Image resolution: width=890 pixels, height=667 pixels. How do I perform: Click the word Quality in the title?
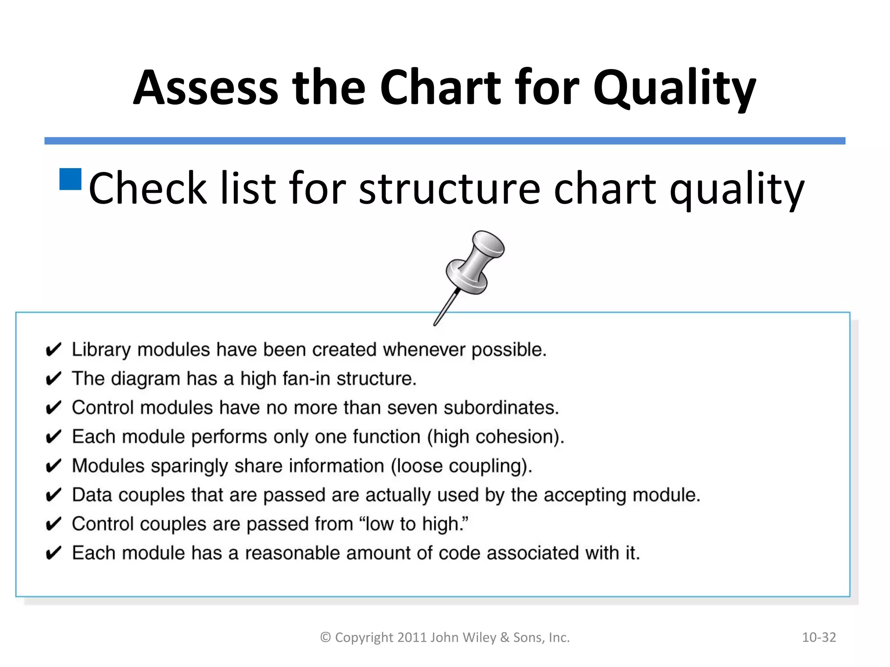(x=674, y=89)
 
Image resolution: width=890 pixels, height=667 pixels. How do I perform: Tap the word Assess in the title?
(x=205, y=89)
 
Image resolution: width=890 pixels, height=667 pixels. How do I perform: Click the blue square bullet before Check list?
(x=70, y=179)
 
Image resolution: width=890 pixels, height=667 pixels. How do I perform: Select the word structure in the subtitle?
(x=450, y=189)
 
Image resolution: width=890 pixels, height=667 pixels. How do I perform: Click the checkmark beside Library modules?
(x=53, y=350)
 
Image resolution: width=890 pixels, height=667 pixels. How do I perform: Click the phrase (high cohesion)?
(x=495, y=437)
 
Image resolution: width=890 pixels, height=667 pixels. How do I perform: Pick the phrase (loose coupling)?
(x=462, y=466)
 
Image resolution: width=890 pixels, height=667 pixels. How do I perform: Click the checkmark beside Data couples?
(x=53, y=495)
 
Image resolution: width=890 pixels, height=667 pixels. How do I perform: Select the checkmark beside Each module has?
(x=53, y=554)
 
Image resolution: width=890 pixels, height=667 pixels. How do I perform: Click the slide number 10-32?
(x=819, y=637)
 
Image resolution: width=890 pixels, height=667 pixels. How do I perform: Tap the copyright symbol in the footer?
(x=325, y=637)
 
